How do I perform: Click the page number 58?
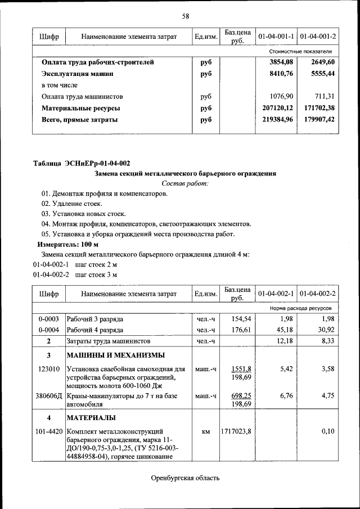(x=185, y=15)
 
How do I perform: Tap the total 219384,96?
(x=273, y=119)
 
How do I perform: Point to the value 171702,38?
(x=316, y=107)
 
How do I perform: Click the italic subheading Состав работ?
(x=185, y=183)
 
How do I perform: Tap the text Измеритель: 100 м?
(x=67, y=245)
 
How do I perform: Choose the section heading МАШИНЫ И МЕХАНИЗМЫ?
(x=116, y=355)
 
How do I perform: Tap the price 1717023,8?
(x=236, y=431)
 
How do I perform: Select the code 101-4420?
(x=49, y=431)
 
